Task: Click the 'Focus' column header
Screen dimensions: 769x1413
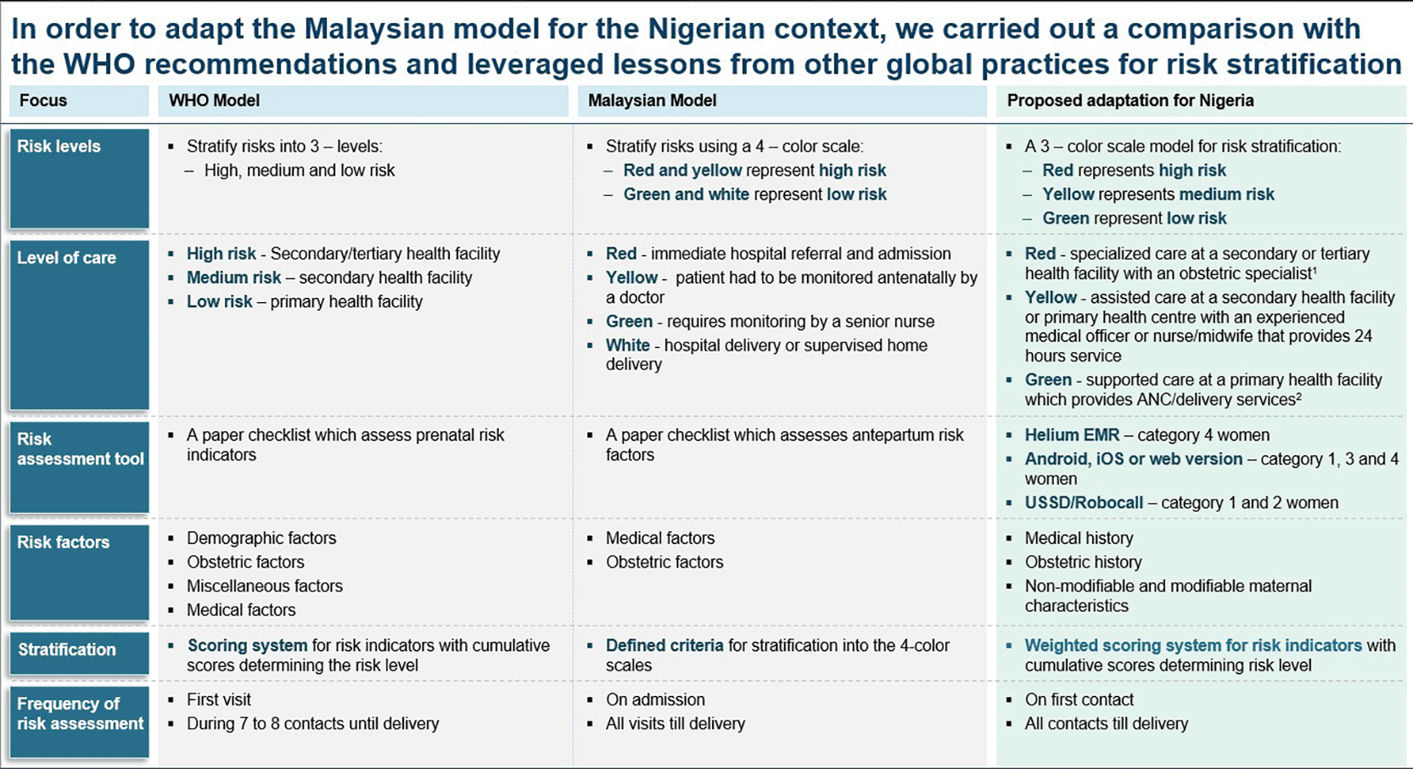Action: [x=43, y=100]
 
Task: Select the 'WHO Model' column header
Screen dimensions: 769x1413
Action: [x=214, y=100]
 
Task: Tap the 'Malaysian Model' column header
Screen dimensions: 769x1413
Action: [x=652, y=100]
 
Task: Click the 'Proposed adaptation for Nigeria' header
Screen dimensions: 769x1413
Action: [x=1130, y=100]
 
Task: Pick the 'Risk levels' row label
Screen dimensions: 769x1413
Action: [x=59, y=146]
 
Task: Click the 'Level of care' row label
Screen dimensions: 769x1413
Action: [x=66, y=257]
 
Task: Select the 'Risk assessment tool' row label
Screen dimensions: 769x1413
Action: [x=80, y=449]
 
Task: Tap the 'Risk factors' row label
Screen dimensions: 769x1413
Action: [x=63, y=542]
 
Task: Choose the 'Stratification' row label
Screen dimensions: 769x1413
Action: [x=66, y=649]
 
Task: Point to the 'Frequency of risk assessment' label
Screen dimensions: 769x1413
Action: [x=80, y=713]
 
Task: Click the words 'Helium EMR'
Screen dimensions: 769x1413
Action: [x=1071, y=435]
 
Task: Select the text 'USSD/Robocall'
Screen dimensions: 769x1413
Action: [x=1083, y=502]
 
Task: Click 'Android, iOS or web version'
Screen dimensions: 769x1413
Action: [x=1132, y=458]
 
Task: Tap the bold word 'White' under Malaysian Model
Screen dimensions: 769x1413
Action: [x=627, y=345]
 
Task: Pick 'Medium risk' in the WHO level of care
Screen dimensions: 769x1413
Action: [x=233, y=278]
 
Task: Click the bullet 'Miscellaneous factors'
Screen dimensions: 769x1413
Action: [x=264, y=586]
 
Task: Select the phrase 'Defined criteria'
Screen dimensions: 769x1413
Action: [x=664, y=645]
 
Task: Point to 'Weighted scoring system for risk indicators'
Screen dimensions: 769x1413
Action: [x=1192, y=645]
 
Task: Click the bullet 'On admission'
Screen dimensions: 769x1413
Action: [x=654, y=699]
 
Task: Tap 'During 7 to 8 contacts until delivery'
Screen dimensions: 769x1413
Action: [x=312, y=723]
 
